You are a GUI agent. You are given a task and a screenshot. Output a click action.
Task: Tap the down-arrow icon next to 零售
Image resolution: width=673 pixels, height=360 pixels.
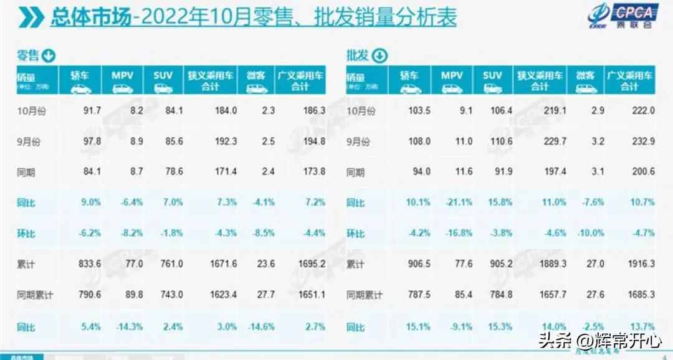pos(49,56)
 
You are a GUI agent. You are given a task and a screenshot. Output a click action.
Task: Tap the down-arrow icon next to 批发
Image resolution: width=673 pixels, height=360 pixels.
pos(379,56)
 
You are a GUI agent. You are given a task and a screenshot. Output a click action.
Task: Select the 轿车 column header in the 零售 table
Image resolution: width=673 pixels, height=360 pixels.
pos(80,82)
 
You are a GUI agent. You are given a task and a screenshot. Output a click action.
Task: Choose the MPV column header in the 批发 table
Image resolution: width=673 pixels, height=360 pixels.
pos(452,82)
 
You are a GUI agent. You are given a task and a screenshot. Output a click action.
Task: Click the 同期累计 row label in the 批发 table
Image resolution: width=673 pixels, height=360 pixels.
pos(365,295)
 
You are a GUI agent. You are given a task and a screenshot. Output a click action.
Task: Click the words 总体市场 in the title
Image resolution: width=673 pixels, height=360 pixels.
pos(91,17)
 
